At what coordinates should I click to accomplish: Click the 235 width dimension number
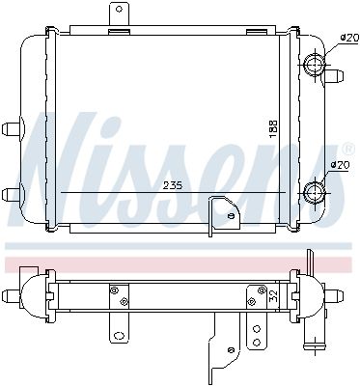[174, 184]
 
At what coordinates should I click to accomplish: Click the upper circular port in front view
[315, 67]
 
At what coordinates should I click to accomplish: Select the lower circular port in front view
[315, 193]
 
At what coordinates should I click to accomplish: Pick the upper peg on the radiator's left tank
[13, 127]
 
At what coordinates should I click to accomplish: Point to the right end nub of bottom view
[345, 296]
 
